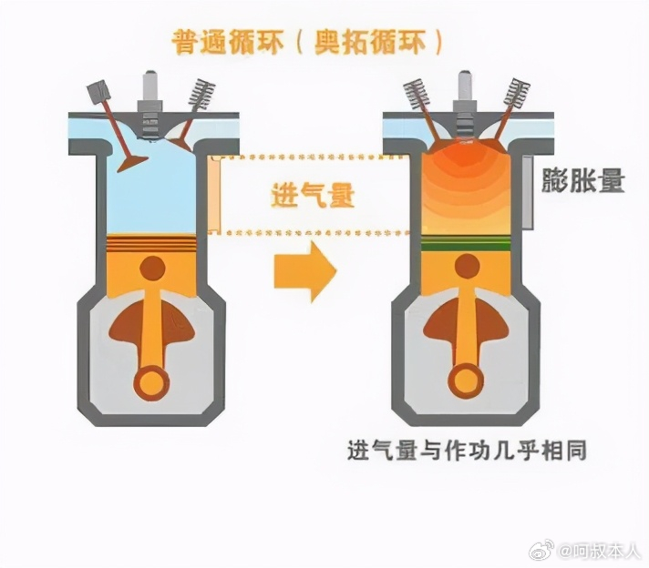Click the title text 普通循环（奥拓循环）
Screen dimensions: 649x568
tap(307, 42)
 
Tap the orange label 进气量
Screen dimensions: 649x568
tap(313, 195)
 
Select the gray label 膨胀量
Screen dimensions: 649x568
tap(582, 180)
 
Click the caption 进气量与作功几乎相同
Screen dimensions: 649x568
tap(467, 451)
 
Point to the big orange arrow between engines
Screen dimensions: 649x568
tap(305, 271)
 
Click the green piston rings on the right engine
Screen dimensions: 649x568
tap(465, 243)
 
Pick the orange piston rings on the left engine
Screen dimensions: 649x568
tap(150, 243)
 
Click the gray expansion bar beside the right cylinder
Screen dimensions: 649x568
tap(528, 192)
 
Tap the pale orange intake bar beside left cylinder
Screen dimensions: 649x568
tap(215, 194)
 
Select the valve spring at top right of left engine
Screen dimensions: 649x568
tap(201, 95)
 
